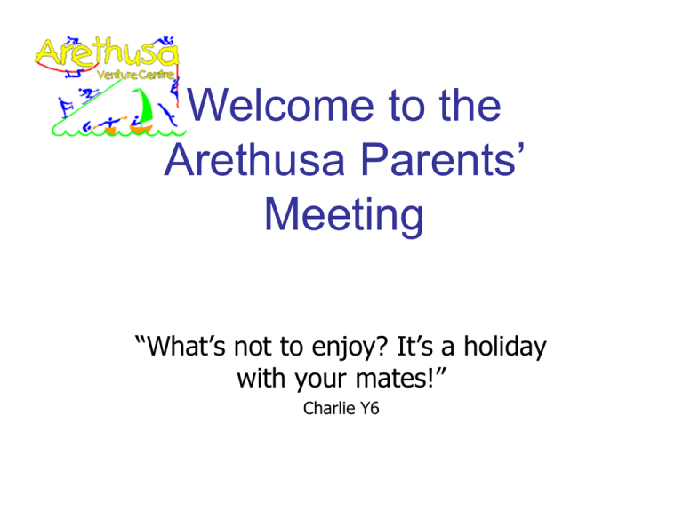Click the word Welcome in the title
tap(280, 106)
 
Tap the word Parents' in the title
tap(443, 160)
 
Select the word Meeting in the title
tap(343, 215)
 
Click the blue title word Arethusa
tap(255, 160)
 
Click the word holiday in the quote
tap(504, 347)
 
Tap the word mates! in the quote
tap(395, 378)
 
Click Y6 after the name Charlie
tap(370, 408)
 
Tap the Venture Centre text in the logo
tap(135, 75)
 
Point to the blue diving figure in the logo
tap(167, 115)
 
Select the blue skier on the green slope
tap(89, 94)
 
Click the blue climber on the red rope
tap(174, 88)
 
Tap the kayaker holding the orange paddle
tap(110, 124)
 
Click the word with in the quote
tap(262, 378)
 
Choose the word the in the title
tap(470, 106)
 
